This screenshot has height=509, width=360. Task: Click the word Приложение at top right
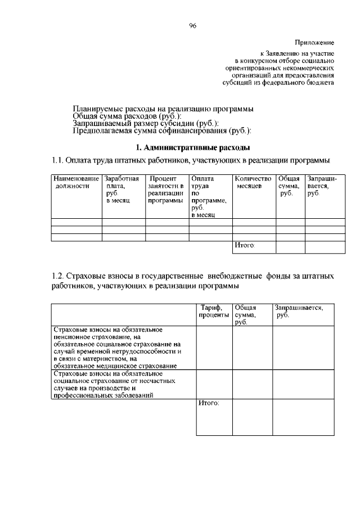tap(314, 43)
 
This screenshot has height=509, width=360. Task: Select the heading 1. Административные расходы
tap(192, 147)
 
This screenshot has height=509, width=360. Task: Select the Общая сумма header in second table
tap(245, 315)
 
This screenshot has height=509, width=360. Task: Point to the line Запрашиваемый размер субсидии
tap(146, 123)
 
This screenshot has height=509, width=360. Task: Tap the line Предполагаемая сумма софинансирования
tap(162, 131)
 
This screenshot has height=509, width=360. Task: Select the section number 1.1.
tap(58, 161)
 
